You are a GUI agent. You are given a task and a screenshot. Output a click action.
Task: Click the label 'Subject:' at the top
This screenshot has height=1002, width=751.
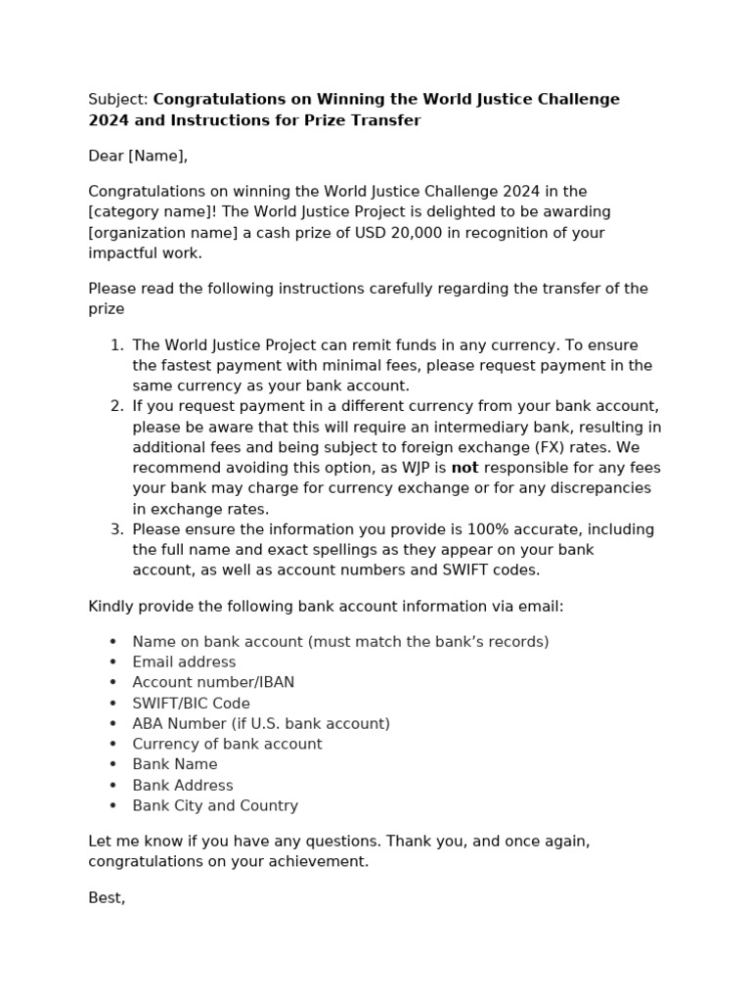coord(118,100)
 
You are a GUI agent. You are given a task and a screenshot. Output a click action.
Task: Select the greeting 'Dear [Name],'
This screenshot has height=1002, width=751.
coord(138,157)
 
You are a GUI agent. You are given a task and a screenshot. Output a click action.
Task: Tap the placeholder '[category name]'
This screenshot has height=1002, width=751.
coord(147,212)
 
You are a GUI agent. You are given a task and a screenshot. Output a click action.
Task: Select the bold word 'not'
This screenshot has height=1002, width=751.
coord(464,468)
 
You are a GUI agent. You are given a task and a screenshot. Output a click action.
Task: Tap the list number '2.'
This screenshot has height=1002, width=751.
coord(116,406)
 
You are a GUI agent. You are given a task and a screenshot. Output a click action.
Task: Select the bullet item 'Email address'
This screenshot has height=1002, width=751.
coord(184,662)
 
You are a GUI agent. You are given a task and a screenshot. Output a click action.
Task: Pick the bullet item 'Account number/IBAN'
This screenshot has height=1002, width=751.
coord(213,683)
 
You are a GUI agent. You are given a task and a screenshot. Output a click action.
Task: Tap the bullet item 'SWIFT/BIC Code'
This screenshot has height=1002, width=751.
coord(191,704)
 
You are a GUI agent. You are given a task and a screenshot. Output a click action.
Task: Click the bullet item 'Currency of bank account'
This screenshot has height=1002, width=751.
coord(227,745)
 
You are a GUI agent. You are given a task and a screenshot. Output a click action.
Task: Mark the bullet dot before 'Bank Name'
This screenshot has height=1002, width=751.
coord(112,765)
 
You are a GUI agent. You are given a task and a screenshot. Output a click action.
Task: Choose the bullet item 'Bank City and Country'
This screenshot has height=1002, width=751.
coord(215,806)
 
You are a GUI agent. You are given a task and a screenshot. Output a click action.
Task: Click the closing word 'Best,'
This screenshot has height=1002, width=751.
coord(107,898)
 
